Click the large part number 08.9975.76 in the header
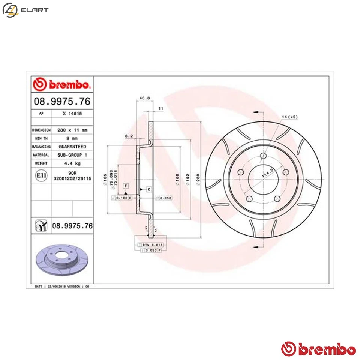point(62,102)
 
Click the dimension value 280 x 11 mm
point(72,130)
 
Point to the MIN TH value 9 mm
point(72,138)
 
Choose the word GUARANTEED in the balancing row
point(72,147)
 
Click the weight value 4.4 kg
point(72,163)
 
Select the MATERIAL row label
point(41,155)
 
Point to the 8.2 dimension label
point(129,136)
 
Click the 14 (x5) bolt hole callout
point(289,117)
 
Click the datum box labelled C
point(148,190)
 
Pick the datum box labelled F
point(126,186)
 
